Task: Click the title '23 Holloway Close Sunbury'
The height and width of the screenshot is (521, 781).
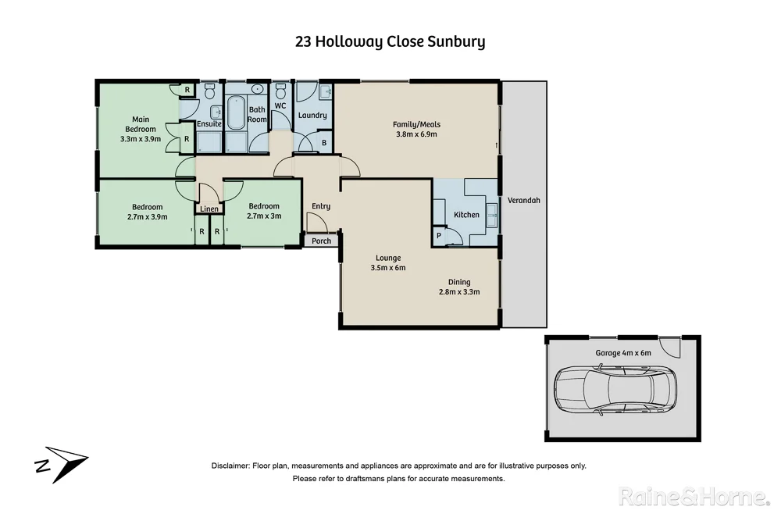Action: point(390,41)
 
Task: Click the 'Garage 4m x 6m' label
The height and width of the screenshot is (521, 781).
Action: point(623,353)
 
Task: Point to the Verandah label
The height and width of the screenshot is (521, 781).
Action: point(523,201)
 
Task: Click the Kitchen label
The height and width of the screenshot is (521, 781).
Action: point(466,215)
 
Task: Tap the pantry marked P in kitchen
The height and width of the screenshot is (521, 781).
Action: point(438,235)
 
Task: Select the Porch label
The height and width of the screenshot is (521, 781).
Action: point(321,241)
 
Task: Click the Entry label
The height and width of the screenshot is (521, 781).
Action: point(320,206)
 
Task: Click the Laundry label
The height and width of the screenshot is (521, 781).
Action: point(312,116)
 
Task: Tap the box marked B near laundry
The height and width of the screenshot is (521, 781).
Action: point(324,143)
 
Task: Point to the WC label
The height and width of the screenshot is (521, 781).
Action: point(280,107)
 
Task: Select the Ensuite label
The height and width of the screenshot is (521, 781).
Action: point(209,124)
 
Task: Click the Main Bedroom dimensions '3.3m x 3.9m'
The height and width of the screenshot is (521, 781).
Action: point(141,139)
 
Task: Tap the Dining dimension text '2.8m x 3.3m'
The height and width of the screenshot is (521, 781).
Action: point(458,292)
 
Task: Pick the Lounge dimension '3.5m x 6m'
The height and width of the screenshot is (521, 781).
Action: point(388,268)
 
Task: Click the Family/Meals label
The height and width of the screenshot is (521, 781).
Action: point(416,123)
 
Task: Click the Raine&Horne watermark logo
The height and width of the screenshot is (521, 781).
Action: point(692,496)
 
